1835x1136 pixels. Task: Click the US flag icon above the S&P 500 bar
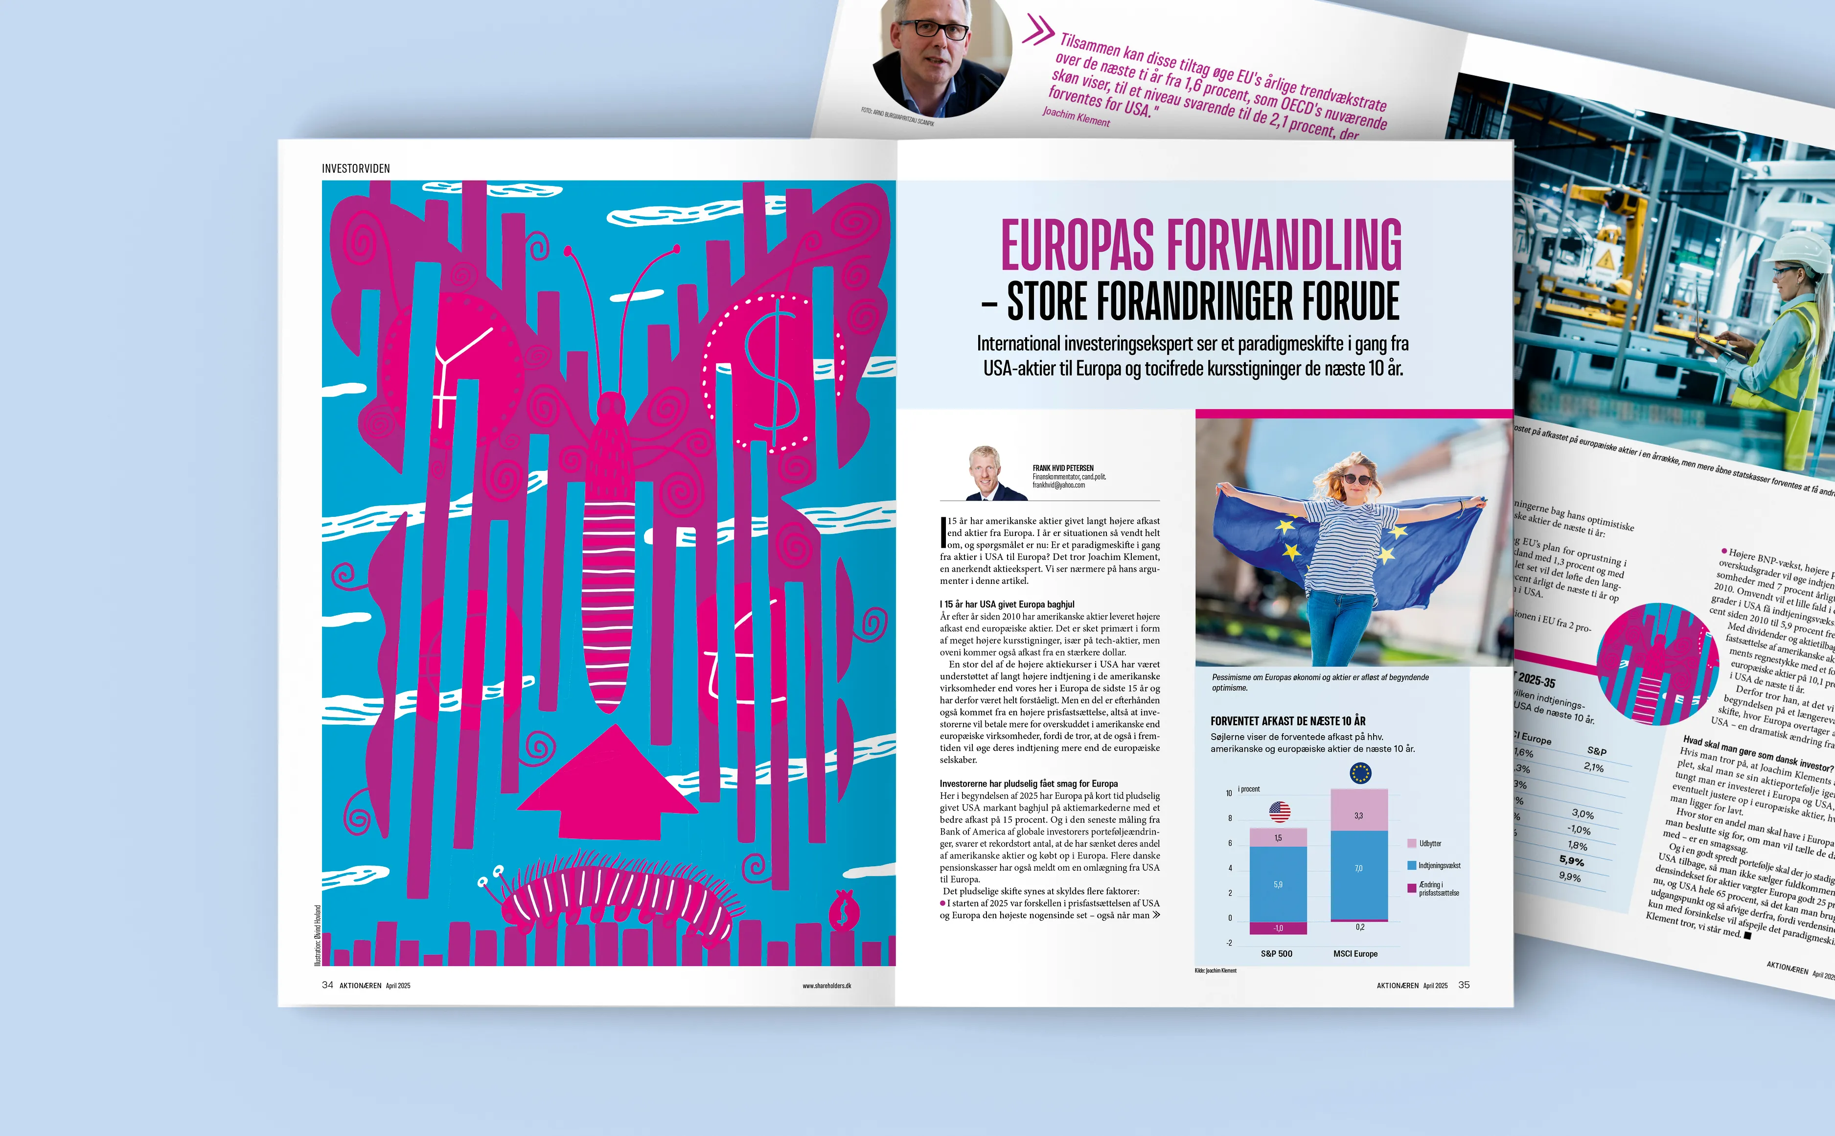[x=1279, y=811]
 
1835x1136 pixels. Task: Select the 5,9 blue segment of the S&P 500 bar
[x=1278, y=884]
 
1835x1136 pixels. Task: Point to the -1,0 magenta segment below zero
[x=1278, y=928]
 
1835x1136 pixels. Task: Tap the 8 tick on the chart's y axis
[x=1230, y=818]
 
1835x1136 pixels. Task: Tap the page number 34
[x=327, y=985]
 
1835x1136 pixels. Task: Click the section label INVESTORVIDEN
[x=356, y=168]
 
